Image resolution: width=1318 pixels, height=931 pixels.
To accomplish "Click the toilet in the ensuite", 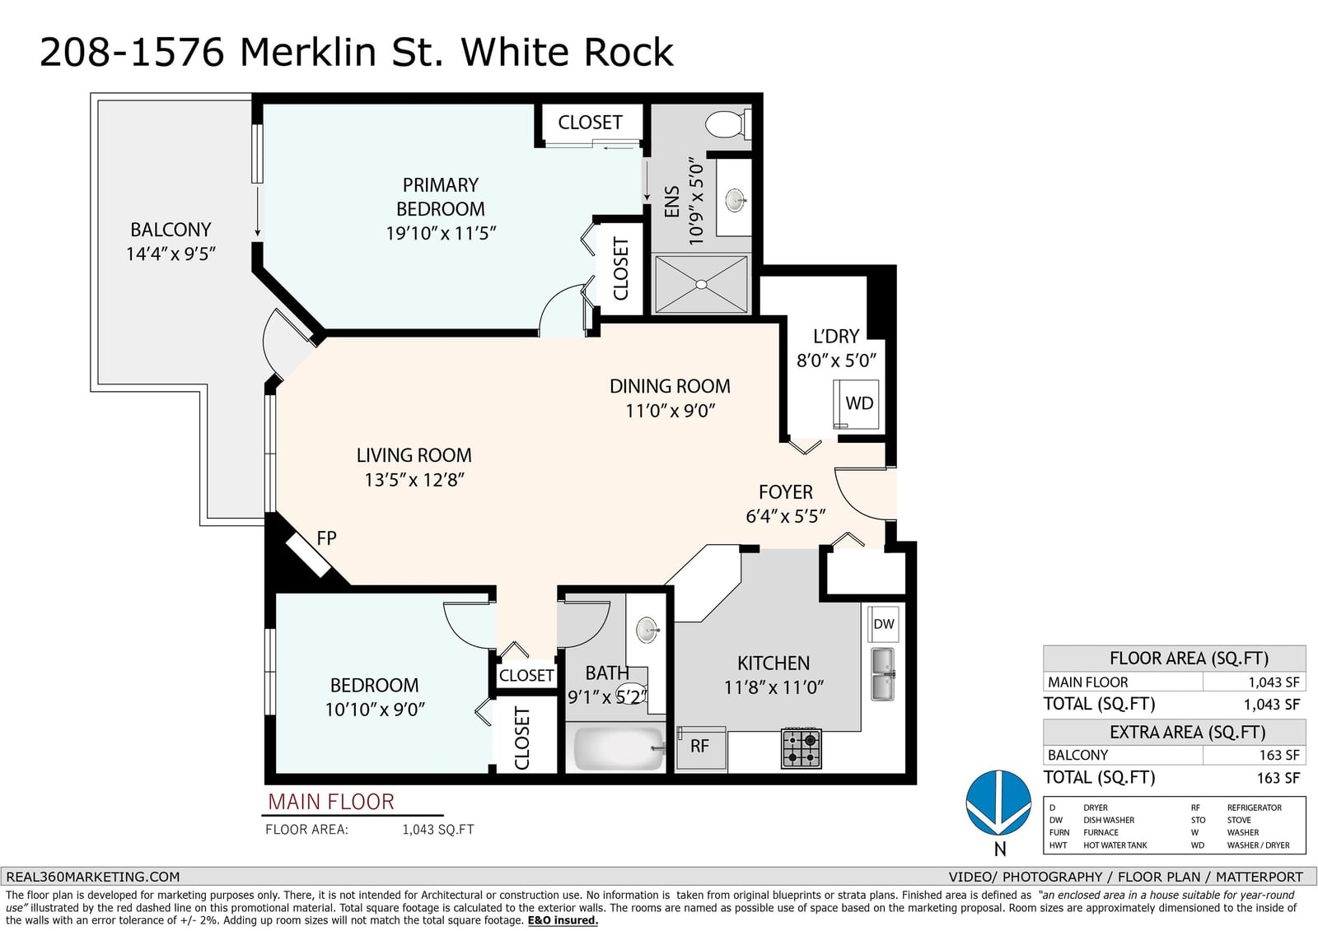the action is [x=727, y=124].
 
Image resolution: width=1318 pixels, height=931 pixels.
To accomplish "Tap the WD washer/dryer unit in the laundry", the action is [x=856, y=404].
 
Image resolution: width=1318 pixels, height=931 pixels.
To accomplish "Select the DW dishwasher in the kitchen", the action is [x=883, y=624].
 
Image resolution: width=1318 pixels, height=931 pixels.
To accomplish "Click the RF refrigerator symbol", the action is [x=701, y=747].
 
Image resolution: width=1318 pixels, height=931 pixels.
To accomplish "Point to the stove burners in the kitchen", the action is [x=801, y=748].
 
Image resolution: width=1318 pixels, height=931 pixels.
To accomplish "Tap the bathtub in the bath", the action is [x=619, y=748].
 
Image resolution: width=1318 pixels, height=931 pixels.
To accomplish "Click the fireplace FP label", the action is [x=326, y=538].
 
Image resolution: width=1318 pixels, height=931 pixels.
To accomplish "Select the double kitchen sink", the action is [x=882, y=674].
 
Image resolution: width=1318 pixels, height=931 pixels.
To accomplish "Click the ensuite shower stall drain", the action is [x=701, y=285].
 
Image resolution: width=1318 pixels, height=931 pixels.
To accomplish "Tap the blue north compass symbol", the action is [x=998, y=803].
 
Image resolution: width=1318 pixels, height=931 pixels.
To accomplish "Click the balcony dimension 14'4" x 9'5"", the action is [x=171, y=254].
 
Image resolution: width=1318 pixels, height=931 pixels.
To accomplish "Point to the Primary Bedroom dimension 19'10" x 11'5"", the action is [x=441, y=234].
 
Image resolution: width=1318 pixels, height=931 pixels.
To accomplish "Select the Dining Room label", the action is [x=670, y=386].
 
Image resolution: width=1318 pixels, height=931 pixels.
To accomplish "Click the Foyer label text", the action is [x=786, y=491].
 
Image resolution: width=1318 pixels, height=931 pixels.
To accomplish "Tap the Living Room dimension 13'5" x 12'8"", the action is [x=414, y=480].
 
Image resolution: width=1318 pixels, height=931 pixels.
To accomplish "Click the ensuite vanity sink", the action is [x=736, y=200].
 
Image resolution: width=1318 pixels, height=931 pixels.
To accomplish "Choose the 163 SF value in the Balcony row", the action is [x=1278, y=755].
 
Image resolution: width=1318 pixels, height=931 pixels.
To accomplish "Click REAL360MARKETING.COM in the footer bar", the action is [x=93, y=877].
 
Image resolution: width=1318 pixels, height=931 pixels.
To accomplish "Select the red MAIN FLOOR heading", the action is [x=330, y=803].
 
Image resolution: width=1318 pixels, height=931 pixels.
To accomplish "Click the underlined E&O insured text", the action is [x=563, y=920].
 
